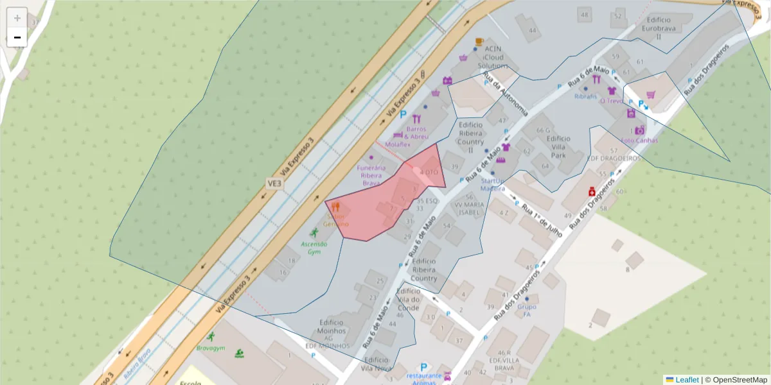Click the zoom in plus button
(x=17, y=18)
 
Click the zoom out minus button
(x=17, y=37)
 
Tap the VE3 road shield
(x=274, y=184)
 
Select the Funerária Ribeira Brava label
(x=371, y=175)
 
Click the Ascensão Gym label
(x=314, y=248)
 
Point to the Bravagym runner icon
(x=210, y=336)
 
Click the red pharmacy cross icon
(x=591, y=192)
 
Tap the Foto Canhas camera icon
(x=639, y=130)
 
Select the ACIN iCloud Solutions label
(x=493, y=57)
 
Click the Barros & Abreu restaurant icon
(x=416, y=119)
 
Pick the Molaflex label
(x=398, y=144)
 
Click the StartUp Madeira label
(x=492, y=185)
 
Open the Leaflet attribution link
(x=687, y=380)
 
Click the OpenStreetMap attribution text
(x=736, y=380)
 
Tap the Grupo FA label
(x=527, y=311)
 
